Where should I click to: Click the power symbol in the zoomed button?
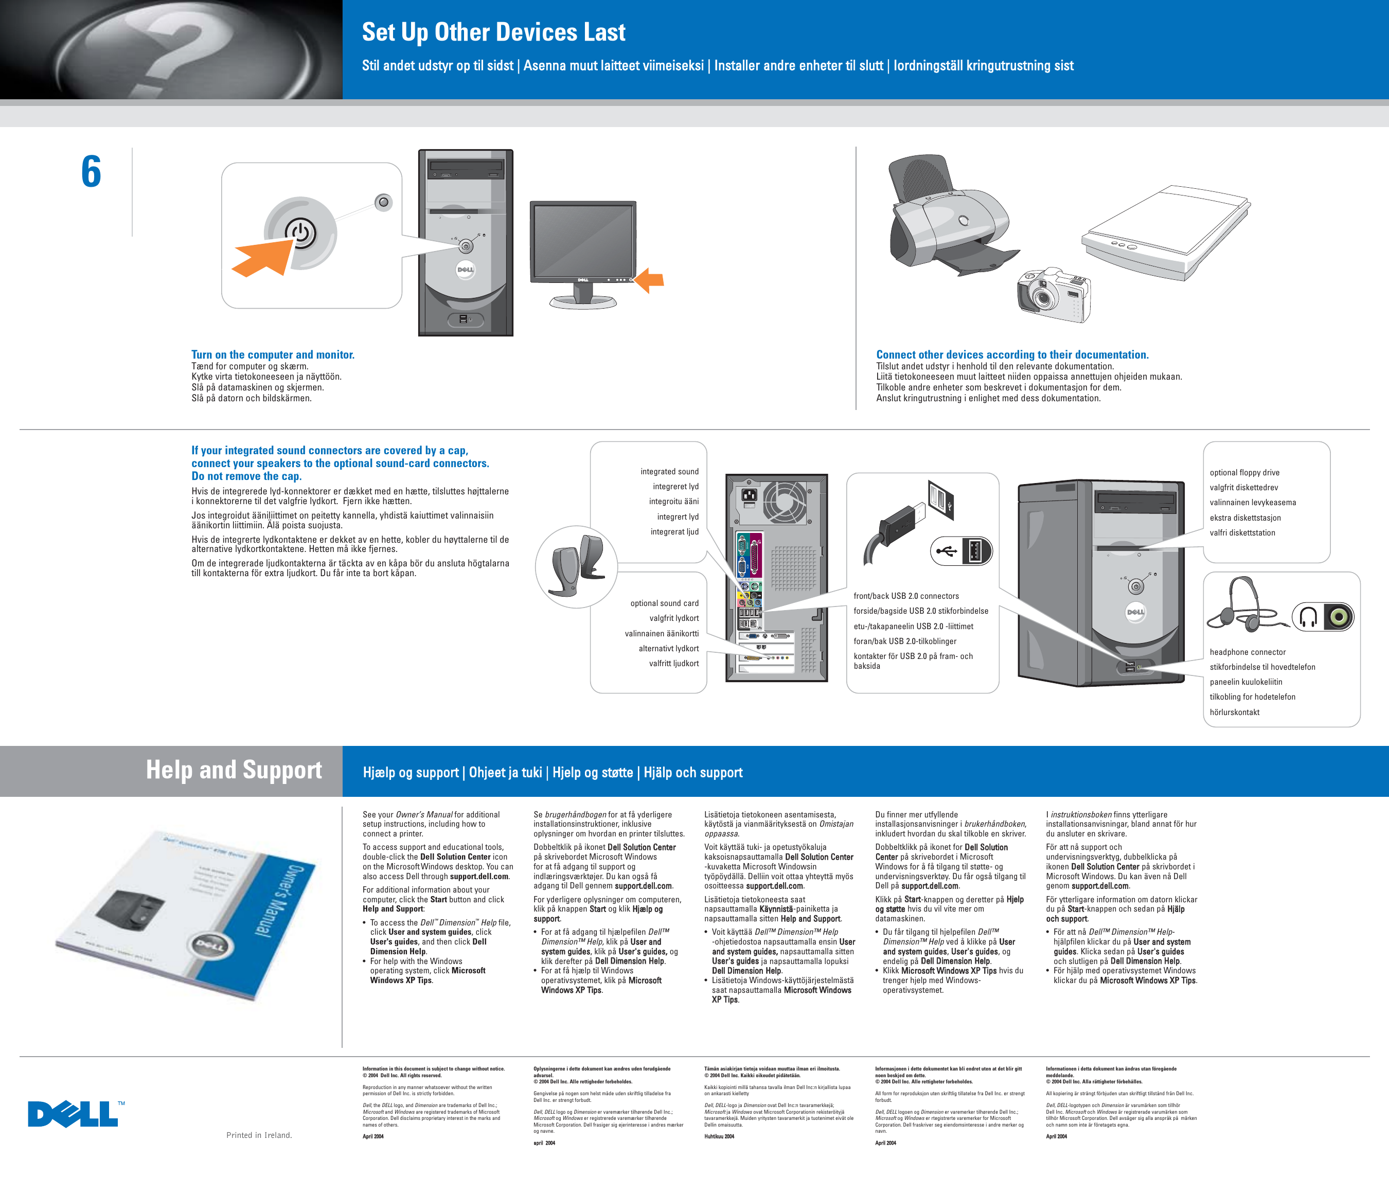pyautogui.click(x=301, y=233)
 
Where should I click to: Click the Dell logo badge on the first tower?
pyautogui.click(x=465, y=270)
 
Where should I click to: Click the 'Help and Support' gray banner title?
pyautogui.click(x=234, y=770)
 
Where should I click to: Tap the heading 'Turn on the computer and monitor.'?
pyautogui.click(x=273, y=354)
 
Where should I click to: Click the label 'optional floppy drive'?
pyautogui.click(x=1244, y=472)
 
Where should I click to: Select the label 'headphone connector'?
pyautogui.click(x=1248, y=652)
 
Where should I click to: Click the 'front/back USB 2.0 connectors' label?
pyautogui.click(x=906, y=596)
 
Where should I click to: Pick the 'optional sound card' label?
pyautogui.click(x=665, y=603)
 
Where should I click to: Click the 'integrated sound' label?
pyautogui.click(x=669, y=471)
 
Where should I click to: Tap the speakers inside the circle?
pyautogui.click(x=578, y=566)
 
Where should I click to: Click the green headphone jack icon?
pyautogui.click(x=1338, y=616)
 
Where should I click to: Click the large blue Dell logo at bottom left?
pyautogui.click(x=74, y=1114)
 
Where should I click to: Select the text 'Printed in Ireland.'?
pyautogui.click(x=259, y=1135)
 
